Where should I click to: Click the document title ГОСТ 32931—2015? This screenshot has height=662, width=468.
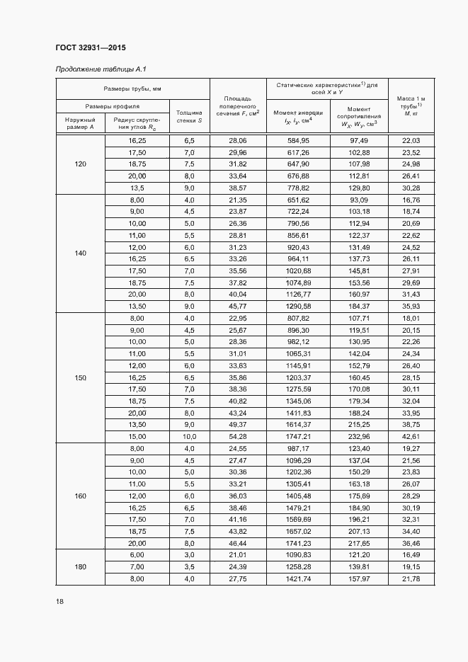pyautogui.click(x=90, y=47)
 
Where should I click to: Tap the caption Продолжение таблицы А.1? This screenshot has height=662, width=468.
pyautogui.click(x=101, y=69)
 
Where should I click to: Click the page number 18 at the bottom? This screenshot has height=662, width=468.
pyautogui.click(x=59, y=602)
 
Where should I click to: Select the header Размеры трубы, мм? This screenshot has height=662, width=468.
pyautogui.click(x=132, y=89)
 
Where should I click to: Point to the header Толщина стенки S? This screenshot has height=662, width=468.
pyautogui.click(x=189, y=116)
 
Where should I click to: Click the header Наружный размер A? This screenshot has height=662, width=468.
pyautogui.click(x=80, y=123)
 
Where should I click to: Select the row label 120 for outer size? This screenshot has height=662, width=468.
pyautogui.click(x=80, y=164)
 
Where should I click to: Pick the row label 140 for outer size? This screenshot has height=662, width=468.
pyautogui.click(x=80, y=253)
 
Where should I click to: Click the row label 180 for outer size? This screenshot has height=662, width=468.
pyautogui.click(x=80, y=566)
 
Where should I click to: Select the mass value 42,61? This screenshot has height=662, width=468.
pyautogui.click(x=411, y=436)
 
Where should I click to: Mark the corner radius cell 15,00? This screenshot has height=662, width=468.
pyautogui.click(x=136, y=436)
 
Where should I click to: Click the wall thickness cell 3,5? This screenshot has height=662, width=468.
pyautogui.click(x=189, y=567)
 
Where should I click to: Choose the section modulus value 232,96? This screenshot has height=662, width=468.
pyautogui.click(x=360, y=436)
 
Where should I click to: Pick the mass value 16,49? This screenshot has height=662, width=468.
pyautogui.click(x=411, y=555)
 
